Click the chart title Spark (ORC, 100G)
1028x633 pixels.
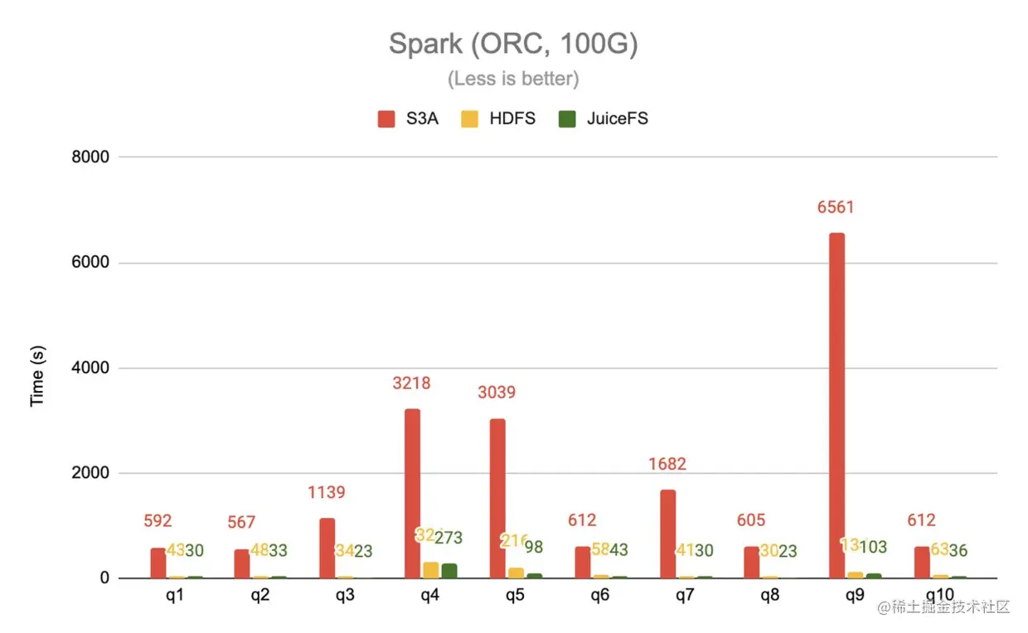point(513,45)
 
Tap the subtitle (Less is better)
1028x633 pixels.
point(513,79)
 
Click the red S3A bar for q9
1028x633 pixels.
point(836,405)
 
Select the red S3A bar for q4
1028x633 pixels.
point(412,493)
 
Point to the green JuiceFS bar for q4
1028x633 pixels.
point(449,570)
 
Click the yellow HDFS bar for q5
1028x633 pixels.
point(516,573)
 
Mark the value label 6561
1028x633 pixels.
point(835,208)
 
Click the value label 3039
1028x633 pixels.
point(496,392)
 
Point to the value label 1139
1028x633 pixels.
point(326,493)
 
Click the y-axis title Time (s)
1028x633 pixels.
point(37,376)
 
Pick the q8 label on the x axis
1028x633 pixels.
point(769,596)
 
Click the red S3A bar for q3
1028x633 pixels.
point(327,548)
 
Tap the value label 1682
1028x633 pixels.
point(667,464)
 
